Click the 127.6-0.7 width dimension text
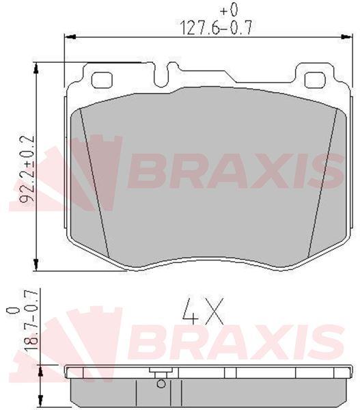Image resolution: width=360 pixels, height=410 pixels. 217,28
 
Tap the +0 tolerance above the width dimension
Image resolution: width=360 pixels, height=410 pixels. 229,10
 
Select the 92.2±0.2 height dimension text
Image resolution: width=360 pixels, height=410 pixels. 28,168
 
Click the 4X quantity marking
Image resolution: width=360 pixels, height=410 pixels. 203,311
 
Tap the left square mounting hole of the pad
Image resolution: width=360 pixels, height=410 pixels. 102,80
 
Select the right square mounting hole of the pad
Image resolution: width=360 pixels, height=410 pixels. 315,80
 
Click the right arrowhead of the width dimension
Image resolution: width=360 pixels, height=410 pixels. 346,37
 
